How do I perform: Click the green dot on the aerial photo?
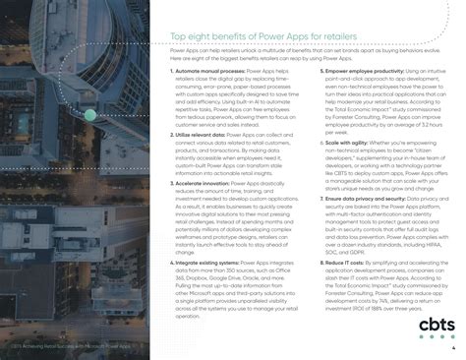[x=89, y=115]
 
